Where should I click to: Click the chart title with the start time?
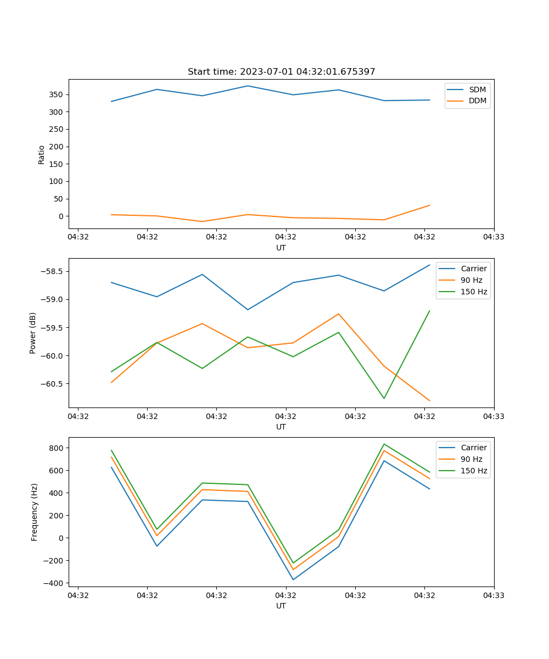tap(281, 72)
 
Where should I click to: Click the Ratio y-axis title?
tap(42, 154)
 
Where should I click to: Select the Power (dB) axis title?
tap(33, 333)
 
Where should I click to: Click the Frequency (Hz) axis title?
tap(35, 512)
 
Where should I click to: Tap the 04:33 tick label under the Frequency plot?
tap(494, 595)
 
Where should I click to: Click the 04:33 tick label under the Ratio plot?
tap(494, 237)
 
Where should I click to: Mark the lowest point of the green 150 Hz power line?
tap(384, 398)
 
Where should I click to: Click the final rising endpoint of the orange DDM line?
tap(429, 205)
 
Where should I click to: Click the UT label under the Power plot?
tap(281, 427)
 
